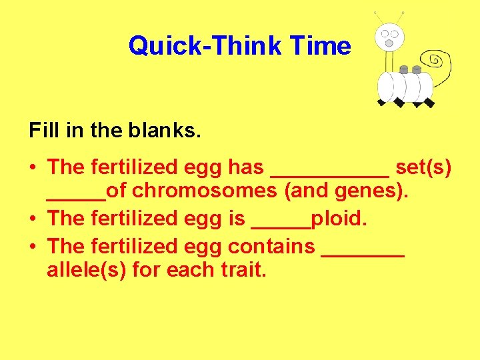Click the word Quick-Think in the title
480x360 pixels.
(206, 46)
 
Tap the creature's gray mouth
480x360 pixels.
(389, 43)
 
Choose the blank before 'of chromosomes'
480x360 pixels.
(76, 197)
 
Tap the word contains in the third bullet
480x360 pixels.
(271, 247)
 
